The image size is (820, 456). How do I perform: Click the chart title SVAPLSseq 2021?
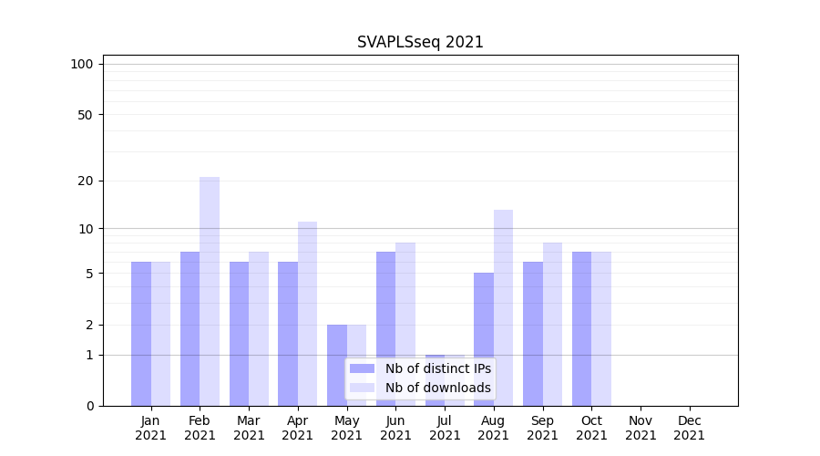(x=420, y=42)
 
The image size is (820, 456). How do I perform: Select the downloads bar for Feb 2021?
(x=210, y=291)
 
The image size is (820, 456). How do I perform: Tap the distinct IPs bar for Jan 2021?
(x=141, y=334)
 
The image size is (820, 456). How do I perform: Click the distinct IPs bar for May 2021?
(x=337, y=365)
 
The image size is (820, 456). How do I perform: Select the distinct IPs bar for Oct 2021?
(x=581, y=328)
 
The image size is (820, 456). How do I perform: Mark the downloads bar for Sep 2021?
(x=552, y=324)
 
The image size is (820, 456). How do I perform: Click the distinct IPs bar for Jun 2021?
(x=385, y=328)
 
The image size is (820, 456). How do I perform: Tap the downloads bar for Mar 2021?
(x=259, y=328)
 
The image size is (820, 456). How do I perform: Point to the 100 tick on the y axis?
(x=82, y=64)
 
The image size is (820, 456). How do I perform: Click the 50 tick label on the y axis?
(x=86, y=115)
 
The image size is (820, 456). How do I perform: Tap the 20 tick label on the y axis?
(x=86, y=181)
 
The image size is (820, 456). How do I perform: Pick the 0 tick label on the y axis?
(x=89, y=406)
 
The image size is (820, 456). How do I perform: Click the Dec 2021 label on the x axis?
(x=689, y=428)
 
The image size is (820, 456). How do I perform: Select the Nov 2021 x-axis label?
(x=641, y=428)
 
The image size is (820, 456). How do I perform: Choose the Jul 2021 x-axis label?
(x=445, y=428)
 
